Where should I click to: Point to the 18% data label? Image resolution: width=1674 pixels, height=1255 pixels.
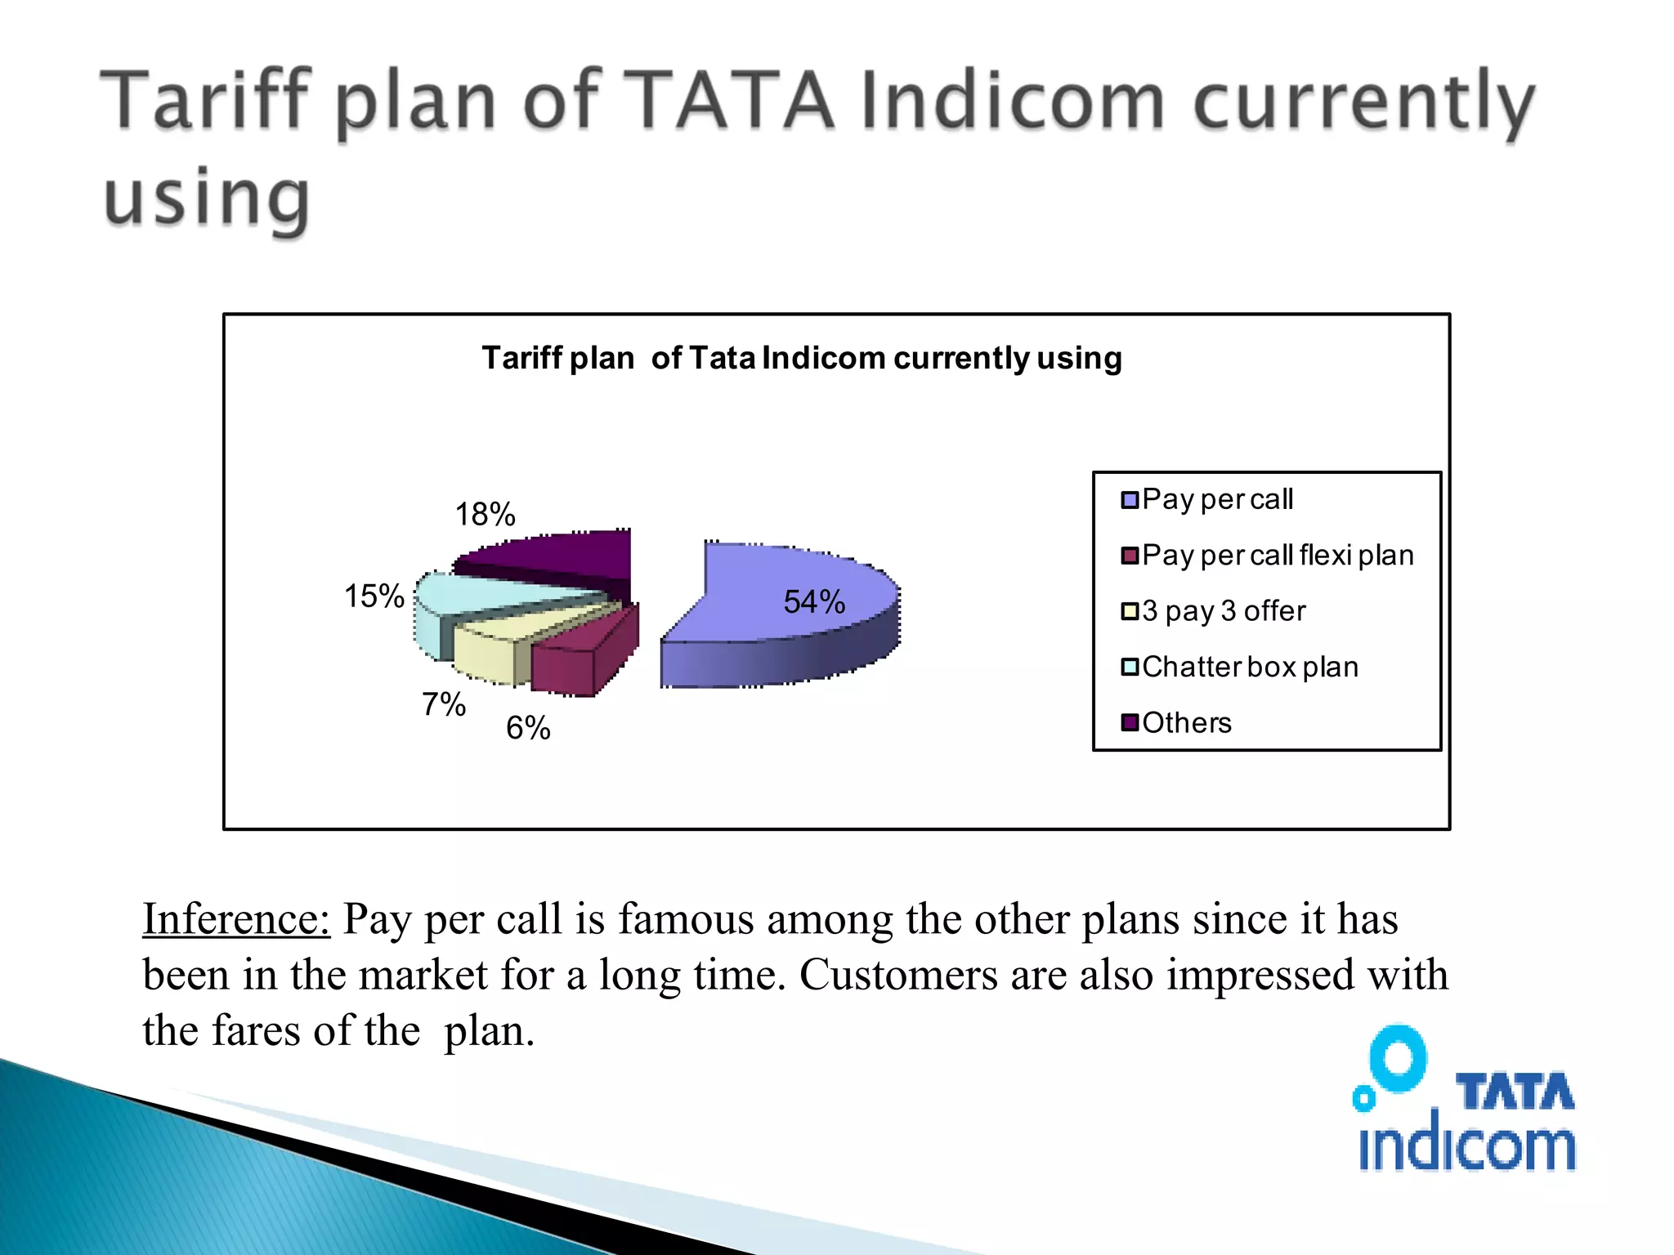pos(485,515)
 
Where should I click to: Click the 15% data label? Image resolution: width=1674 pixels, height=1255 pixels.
pos(374,596)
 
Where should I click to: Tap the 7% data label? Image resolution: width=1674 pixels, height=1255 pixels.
pos(443,704)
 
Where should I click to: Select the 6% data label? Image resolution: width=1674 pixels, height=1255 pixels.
pos(528,728)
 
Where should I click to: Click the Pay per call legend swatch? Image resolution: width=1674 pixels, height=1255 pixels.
pos(1130,500)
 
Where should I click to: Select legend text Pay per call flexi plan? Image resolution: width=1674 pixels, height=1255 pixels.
pos(1277,556)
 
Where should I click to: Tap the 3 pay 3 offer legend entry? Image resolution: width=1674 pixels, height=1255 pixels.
pos(1223,611)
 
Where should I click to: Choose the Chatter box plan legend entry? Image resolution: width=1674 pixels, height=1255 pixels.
pos(1249,667)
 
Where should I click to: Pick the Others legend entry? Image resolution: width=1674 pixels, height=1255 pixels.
pos(1186,723)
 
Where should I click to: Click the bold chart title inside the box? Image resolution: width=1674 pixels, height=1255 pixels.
pos(801,358)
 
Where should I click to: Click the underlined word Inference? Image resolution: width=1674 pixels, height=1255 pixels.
pos(236,918)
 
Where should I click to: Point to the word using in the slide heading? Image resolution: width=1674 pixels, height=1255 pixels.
pos(207,199)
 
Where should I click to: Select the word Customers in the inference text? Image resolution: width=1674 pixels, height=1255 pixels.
pos(898,975)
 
